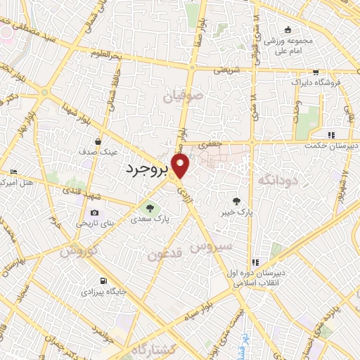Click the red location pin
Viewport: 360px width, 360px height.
(181, 167)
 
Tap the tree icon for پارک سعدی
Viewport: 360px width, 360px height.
(148, 207)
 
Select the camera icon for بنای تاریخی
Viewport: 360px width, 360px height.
(94, 213)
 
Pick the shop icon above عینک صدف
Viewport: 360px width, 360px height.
(105, 140)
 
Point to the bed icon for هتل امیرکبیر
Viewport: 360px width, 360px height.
(14, 172)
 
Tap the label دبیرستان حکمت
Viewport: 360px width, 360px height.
(331, 146)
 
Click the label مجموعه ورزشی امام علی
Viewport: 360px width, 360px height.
(287, 44)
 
